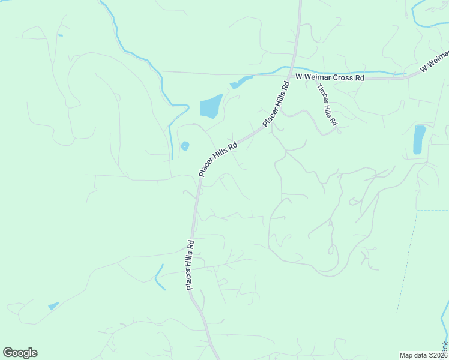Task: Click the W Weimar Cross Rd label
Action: tap(330, 77)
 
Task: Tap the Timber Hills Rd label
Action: tap(327, 104)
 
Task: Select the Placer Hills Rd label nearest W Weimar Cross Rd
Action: tap(276, 103)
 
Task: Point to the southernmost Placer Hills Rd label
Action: tap(190, 265)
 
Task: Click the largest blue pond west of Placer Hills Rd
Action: tap(210, 106)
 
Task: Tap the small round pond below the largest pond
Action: tap(185, 146)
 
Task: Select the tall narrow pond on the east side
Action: tap(419, 140)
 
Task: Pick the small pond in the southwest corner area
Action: tap(53, 306)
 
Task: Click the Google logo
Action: tap(20, 353)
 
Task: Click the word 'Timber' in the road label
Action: tap(322, 94)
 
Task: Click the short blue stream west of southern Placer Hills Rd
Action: tap(159, 277)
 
